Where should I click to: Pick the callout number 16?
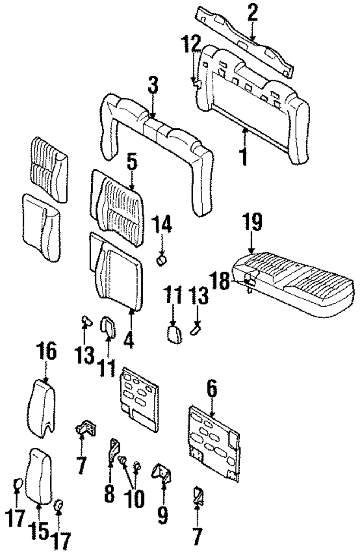coord(46,352)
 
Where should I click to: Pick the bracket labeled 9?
coord(162,472)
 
